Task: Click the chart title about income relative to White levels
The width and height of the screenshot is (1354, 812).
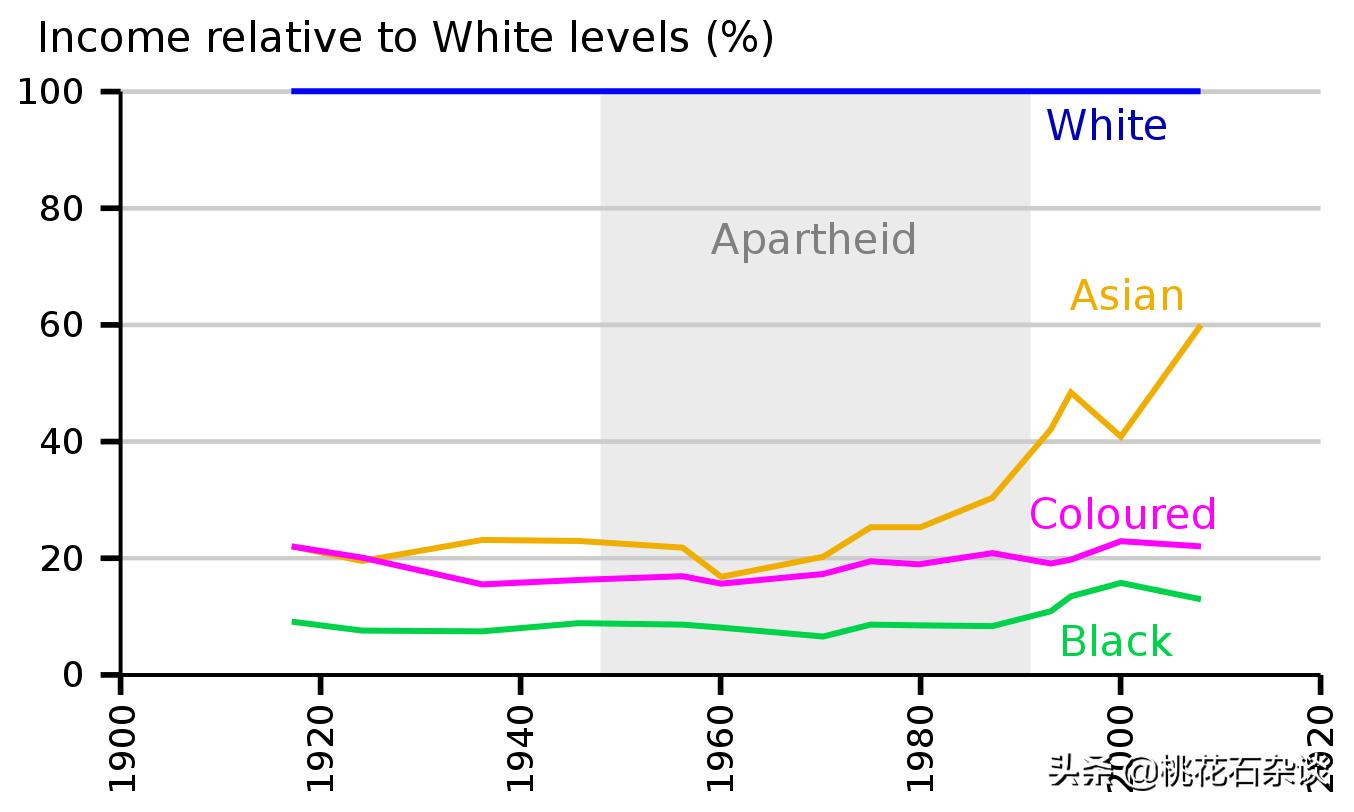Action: pyautogui.click(x=405, y=38)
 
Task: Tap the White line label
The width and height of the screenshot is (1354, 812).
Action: pyautogui.click(x=1106, y=126)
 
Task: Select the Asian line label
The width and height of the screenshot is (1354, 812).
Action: pyautogui.click(x=1127, y=296)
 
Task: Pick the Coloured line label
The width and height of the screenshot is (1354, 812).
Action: pyautogui.click(x=1122, y=514)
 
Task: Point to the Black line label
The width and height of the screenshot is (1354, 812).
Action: pyautogui.click(x=1115, y=642)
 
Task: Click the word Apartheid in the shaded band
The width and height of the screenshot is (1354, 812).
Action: pyautogui.click(x=813, y=240)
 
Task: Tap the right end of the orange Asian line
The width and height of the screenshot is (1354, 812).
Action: pyautogui.click(x=1199, y=326)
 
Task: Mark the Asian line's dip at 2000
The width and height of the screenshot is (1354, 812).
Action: pyautogui.click(x=1120, y=437)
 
